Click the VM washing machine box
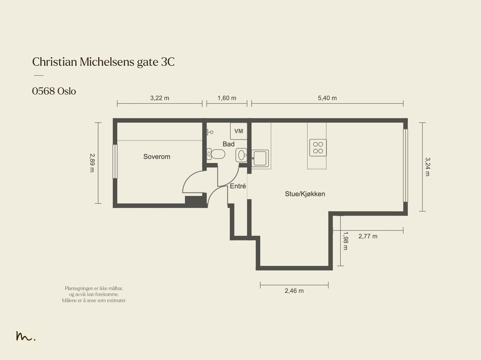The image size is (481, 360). coord(238,131)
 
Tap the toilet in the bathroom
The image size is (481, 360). coord(216,154)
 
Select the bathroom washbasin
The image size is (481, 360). coord(241,155)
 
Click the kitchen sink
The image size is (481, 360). coord(260,158)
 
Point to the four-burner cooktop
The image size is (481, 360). coord(318,148)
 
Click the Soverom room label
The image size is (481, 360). coord(157,157)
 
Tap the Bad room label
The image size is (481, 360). coord(228,144)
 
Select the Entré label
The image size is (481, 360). coord(238,186)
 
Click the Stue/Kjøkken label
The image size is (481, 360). coord(305,194)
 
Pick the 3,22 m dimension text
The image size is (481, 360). coord(160,98)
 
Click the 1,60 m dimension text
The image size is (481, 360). coord(227,98)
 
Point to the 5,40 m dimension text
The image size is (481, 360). coord(327,98)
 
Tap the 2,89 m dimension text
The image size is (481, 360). coord(92,163)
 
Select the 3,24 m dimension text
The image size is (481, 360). coord(427,167)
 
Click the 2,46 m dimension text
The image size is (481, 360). coord(294,291)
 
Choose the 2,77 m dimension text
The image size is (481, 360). coord(368,236)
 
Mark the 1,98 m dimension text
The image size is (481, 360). coord(345,241)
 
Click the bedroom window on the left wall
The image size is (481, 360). coord(115,161)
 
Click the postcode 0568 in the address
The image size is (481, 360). coord(43,91)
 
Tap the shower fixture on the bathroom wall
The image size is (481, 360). coord(210,132)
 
